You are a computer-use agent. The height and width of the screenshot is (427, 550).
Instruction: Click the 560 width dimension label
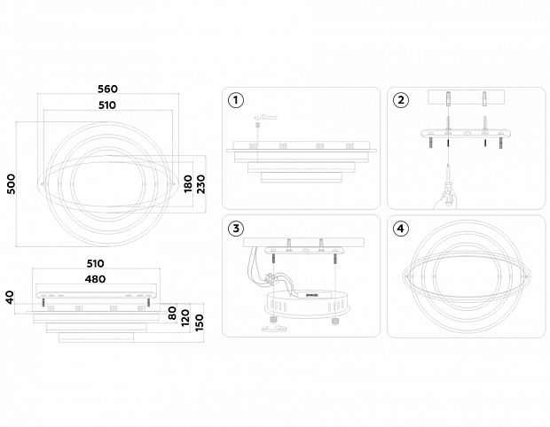[x=108, y=89]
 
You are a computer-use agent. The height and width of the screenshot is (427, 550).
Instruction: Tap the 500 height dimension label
[x=11, y=184]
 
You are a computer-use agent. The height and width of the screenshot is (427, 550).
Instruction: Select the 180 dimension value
[x=187, y=184]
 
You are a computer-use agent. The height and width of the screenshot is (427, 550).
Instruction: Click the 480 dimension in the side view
[x=95, y=279]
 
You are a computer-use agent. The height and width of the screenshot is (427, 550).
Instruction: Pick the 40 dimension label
[x=11, y=298]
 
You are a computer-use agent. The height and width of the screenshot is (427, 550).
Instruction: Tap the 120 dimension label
[x=187, y=316]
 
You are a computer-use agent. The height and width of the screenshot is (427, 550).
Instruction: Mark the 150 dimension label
[x=200, y=320]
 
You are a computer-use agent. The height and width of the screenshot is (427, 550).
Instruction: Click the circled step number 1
[x=235, y=99]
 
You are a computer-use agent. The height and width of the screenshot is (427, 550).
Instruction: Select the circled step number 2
[x=401, y=99]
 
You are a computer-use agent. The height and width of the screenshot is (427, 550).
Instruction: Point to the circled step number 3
[x=235, y=229]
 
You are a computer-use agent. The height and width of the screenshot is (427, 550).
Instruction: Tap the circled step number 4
[x=401, y=229]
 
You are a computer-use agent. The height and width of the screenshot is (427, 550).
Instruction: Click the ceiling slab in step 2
[x=466, y=97]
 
